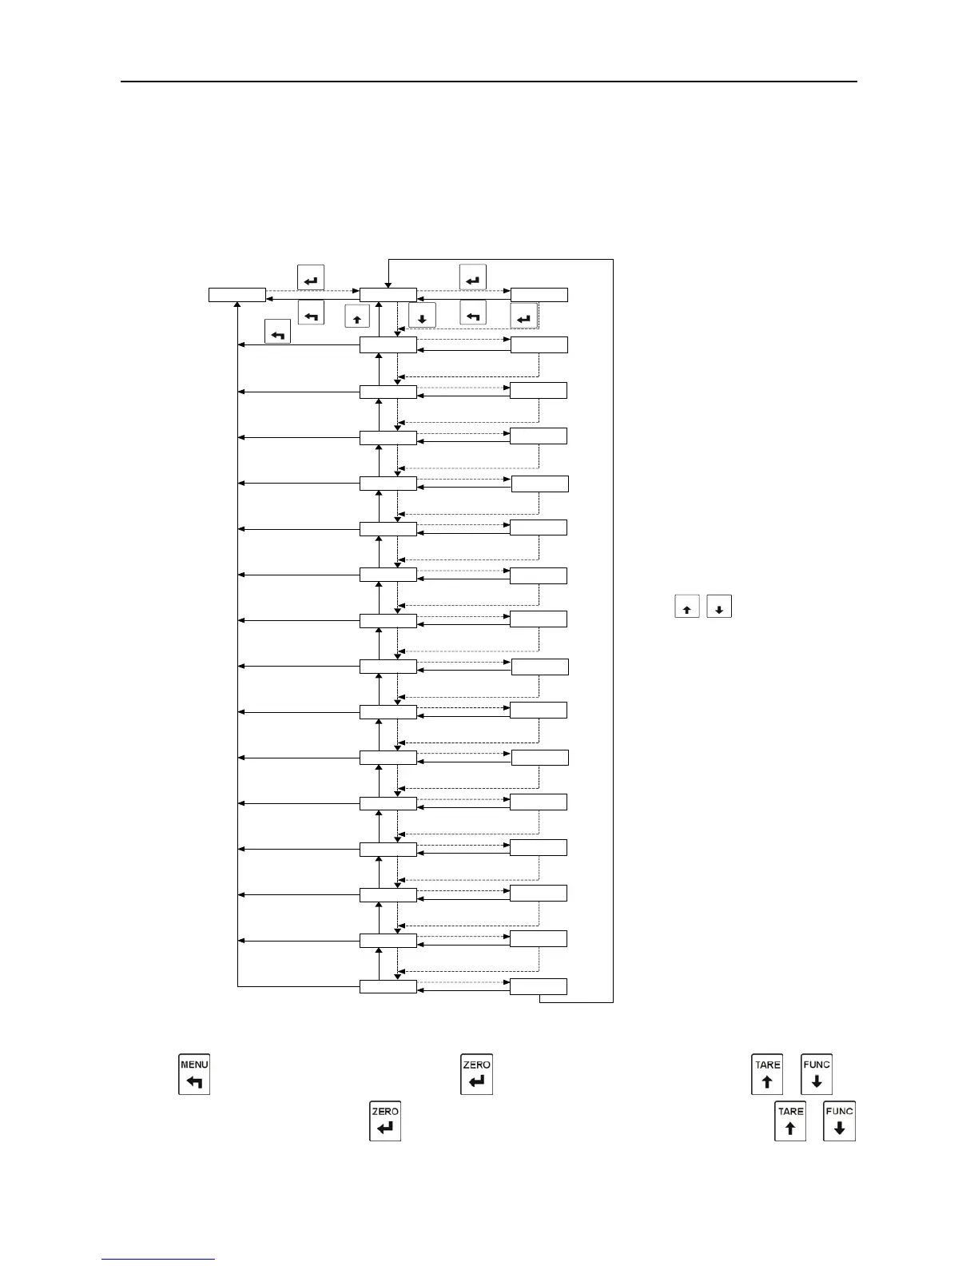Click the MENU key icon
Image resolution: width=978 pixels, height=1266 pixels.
194,1073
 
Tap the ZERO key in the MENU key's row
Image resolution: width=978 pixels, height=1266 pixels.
477,1073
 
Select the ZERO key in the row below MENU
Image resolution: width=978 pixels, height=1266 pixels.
385,1121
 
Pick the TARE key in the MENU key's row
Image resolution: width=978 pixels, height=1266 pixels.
767,1073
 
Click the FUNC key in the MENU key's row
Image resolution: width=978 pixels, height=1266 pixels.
817,1073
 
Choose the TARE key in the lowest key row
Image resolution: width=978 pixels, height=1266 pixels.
790,1121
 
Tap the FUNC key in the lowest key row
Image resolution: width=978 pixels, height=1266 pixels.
839,1121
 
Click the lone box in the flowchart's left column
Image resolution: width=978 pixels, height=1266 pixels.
237,295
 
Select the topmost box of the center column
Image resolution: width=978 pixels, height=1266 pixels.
388,295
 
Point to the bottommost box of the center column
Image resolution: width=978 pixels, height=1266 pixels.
388,986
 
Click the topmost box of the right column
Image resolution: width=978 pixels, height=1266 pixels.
539,295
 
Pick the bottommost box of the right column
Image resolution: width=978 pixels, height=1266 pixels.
539,986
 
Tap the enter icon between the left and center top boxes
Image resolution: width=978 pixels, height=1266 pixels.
311,278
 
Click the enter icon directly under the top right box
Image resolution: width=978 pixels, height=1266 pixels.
523,316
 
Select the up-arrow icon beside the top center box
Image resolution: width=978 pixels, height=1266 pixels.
356,317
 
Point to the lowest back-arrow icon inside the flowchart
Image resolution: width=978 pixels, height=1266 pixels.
277,332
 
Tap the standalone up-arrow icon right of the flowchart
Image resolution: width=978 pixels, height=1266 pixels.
687,607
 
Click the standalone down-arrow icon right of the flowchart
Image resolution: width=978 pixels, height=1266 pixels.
719,607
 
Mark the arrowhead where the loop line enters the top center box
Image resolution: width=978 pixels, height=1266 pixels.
388,284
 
